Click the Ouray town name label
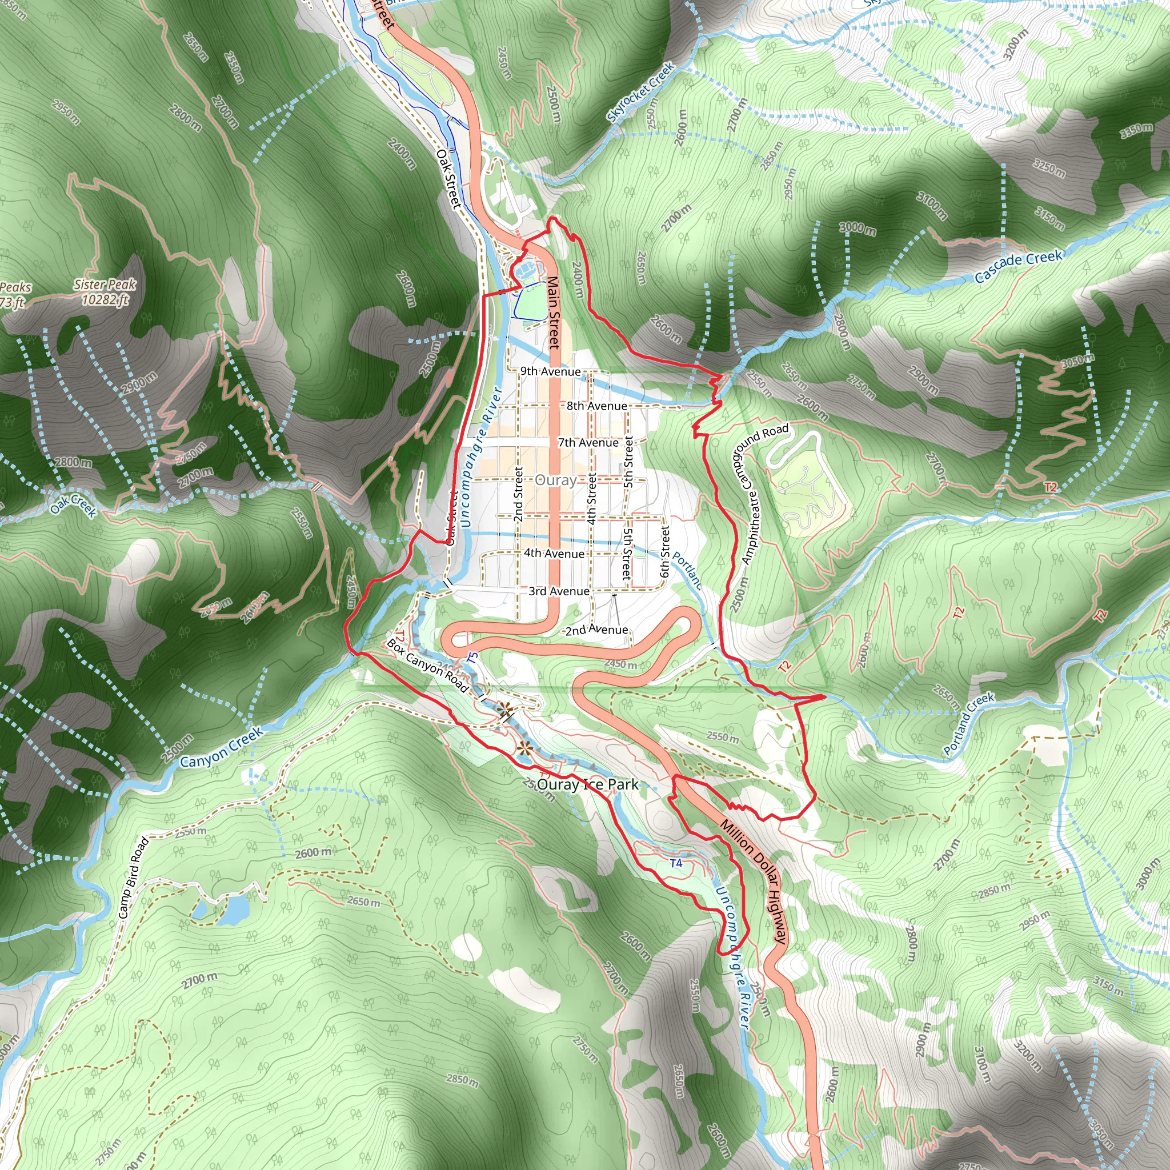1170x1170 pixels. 555,480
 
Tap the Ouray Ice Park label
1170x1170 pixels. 587,785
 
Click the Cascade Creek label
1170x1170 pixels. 1019,266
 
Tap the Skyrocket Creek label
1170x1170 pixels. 641,92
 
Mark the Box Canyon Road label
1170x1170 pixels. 427,666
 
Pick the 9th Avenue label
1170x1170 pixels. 551,371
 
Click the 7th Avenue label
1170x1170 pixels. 588,443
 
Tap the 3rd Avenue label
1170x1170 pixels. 558,591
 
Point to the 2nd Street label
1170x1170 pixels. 518,494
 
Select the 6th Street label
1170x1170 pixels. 665,551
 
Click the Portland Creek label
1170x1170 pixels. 968,724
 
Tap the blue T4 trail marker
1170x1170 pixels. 676,863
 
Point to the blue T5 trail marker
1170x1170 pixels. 473,656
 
